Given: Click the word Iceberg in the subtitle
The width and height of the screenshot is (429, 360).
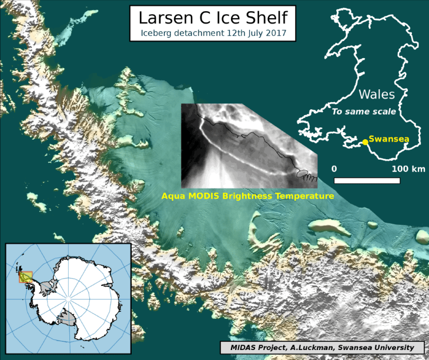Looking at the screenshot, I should (x=157, y=33).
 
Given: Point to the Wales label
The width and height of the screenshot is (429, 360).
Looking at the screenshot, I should (x=376, y=95).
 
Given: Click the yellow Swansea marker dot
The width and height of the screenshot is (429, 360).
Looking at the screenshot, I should (x=364, y=140).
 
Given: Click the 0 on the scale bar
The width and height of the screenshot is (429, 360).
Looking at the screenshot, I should (x=334, y=169).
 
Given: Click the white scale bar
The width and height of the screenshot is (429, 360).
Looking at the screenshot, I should (x=370, y=179).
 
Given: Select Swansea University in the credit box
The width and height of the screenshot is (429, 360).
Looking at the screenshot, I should (x=382, y=347).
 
